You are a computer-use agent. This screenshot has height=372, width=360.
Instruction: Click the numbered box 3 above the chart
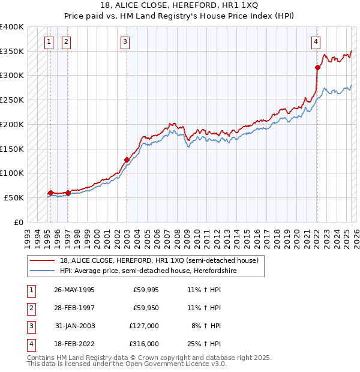click(x=125, y=42)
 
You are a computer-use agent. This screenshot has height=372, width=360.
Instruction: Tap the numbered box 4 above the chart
click(x=316, y=42)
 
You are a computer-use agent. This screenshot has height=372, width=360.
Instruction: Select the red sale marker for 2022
click(x=317, y=68)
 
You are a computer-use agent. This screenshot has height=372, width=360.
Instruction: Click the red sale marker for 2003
click(x=127, y=160)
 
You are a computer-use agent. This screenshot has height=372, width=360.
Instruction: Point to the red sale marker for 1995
click(x=50, y=193)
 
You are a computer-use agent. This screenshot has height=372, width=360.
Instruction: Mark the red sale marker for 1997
click(x=68, y=193)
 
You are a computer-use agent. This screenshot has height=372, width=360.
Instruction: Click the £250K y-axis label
click(x=12, y=100)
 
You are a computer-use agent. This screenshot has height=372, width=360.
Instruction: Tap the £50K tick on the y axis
click(x=14, y=197)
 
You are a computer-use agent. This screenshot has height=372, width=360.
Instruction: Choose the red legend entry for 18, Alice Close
click(x=159, y=260)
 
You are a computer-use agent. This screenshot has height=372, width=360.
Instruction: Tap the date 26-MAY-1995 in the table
click(x=74, y=290)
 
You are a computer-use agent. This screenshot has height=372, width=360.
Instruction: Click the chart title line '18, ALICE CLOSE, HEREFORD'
click(x=179, y=5)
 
